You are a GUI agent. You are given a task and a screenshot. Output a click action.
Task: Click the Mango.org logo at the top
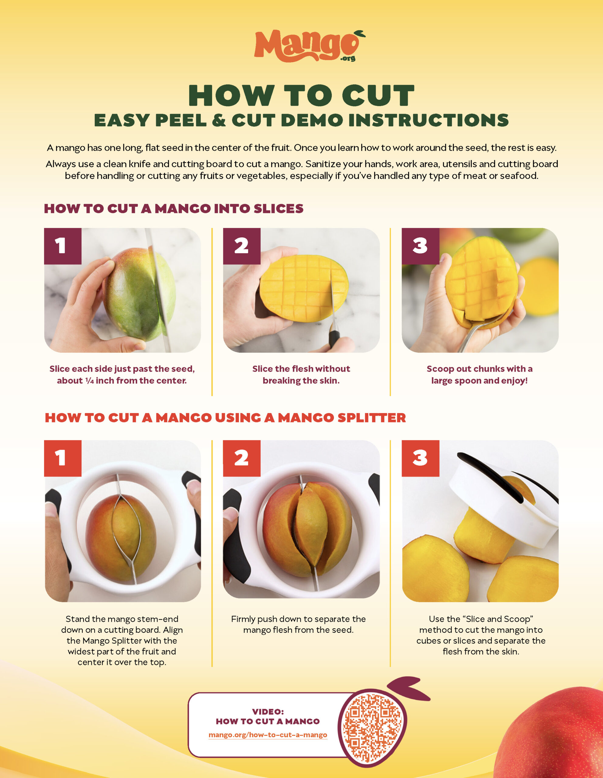click(x=310, y=46)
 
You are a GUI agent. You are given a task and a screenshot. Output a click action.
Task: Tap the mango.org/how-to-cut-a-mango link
click(x=268, y=735)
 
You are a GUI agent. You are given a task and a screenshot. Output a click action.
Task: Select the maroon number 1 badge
click(x=63, y=246)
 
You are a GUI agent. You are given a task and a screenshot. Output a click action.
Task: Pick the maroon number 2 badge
click(x=242, y=246)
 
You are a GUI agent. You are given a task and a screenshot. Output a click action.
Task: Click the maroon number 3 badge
click(x=420, y=246)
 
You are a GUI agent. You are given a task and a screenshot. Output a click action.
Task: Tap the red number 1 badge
click(x=63, y=459)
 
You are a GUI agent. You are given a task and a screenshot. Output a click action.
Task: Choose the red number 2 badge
click(x=242, y=459)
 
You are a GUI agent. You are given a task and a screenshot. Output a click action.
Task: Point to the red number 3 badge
click(x=420, y=459)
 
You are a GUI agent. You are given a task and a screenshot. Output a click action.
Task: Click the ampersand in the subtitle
click(x=219, y=120)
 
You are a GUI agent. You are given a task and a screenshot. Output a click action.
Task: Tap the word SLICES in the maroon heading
click(x=279, y=209)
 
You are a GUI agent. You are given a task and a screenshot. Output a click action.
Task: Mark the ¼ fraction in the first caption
click(x=89, y=381)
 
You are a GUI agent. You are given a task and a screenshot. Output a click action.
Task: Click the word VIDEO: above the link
click(x=268, y=712)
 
